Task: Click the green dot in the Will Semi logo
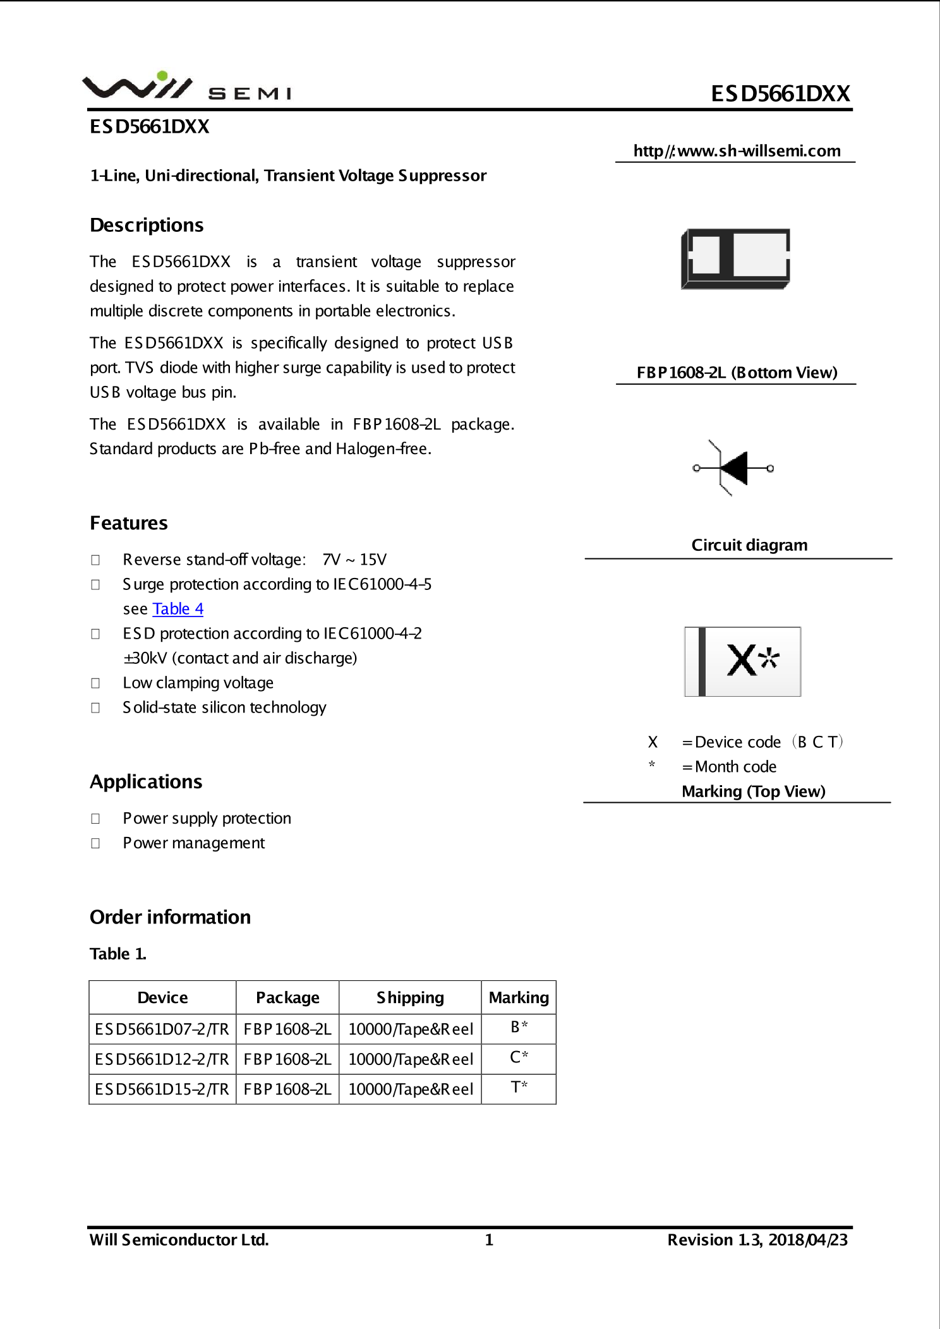pos(162,76)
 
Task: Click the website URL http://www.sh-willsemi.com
pos(737,151)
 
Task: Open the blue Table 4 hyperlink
pos(178,609)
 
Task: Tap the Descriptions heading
pos(147,226)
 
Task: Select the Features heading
pos(129,523)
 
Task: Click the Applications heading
pos(146,782)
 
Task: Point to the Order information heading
pos(170,917)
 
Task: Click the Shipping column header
pos(410,997)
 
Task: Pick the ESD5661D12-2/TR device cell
pos(162,1059)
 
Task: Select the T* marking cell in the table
pos(519,1088)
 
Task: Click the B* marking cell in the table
pos(519,1028)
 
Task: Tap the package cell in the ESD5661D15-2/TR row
pos(287,1089)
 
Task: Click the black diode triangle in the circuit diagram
pos(735,468)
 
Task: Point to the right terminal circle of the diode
pos(770,468)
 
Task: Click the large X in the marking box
pos(741,661)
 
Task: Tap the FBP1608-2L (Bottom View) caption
pos(737,373)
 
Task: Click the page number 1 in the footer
pos(488,1240)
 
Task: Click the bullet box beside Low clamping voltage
pos(95,683)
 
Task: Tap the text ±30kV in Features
pos(145,658)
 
